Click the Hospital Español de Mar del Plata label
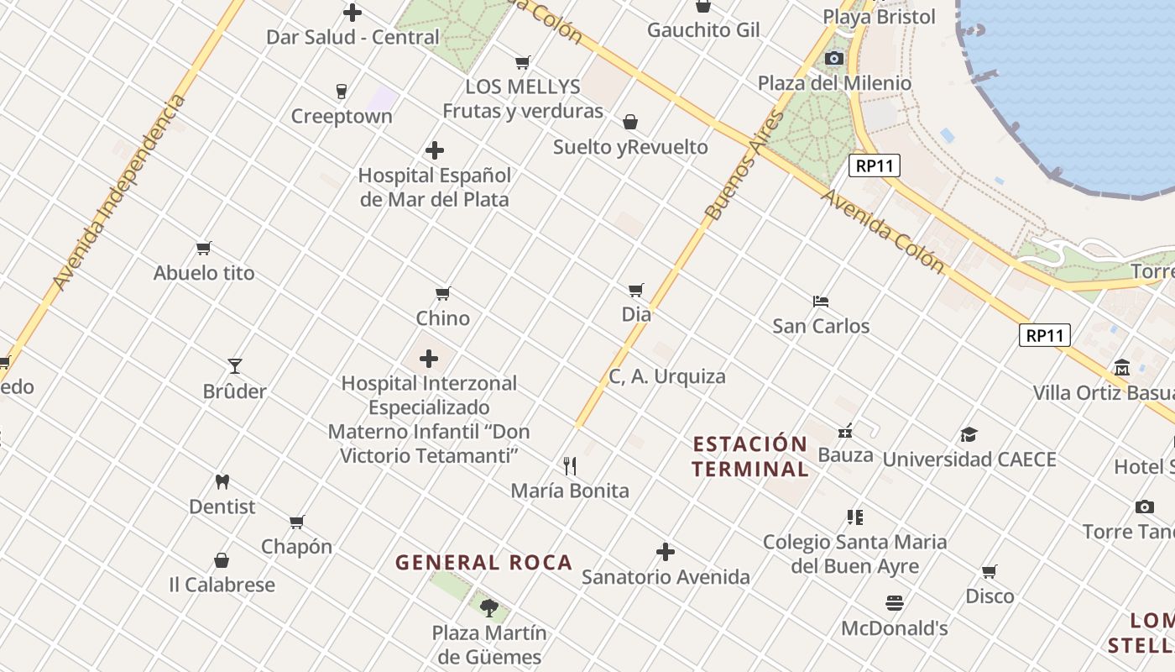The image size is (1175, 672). (x=435, y=187)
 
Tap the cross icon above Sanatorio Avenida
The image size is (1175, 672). (x=666, y=552)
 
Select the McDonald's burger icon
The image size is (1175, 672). (x=895, y=603)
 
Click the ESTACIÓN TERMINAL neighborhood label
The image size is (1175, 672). (x=750, y=456)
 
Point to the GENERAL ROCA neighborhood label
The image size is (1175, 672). (x=484, y=562)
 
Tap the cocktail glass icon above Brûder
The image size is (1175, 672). (x=235, y=366)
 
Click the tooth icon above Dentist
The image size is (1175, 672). (x=222, y=482)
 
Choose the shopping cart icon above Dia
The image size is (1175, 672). (x=636, y=290)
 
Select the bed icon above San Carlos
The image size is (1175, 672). (x=821, y=301)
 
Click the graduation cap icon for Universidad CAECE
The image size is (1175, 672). (x=969, y=434)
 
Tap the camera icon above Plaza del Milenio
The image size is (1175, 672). (x=834, y=58)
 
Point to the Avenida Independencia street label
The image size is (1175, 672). (x=118, y=193)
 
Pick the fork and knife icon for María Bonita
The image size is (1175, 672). (x=570, y=465)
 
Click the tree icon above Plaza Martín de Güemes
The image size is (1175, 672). (x=489, y=607)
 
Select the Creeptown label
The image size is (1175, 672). (x=342, y=116)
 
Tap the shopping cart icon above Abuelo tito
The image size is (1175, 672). (x=204, y=249)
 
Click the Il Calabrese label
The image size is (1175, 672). (x=222, y=585)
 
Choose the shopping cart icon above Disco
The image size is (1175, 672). (x=990, y=572)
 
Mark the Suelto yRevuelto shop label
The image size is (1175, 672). (x=630, y=147)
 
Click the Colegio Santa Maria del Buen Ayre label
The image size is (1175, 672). (x=855, y=554)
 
